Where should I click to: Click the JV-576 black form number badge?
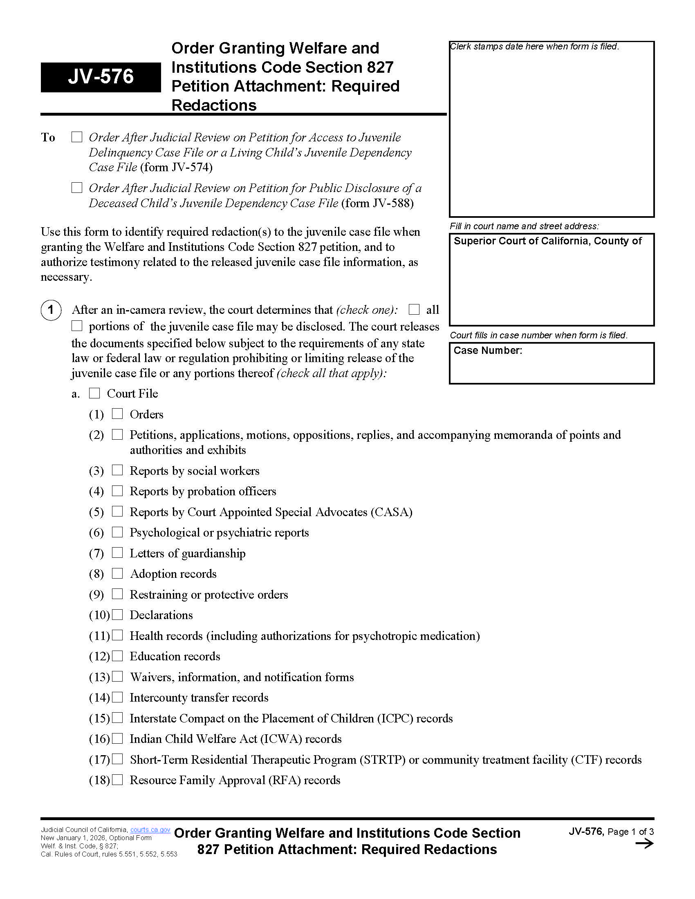click(x=101, y=77)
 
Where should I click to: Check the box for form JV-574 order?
click(x=77, y=137)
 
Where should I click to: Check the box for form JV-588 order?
click(x=77, y=188)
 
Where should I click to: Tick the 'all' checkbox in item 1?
click(x=414, y=309)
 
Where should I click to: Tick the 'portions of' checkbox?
click(x=77, y=326)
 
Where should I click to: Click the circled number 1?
click(x=51, y=310)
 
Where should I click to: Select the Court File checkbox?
click(x=95, y=393)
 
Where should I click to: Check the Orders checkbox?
click(x=117, y=414)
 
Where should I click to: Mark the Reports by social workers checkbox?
click(x=117, y=470)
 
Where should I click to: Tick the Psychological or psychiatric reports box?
click(x=117, y=532)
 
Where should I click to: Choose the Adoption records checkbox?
click(x=117, y=573)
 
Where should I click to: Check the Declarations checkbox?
click(x=117, y=615)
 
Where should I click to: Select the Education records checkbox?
click(x=117, y=656)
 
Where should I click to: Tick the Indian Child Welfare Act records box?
click(x=117, y=738)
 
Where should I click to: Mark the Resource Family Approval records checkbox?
click(x=117, y=780)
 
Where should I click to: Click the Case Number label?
click(x=487, y=350)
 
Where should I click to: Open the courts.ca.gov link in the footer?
click(x=150, y=830)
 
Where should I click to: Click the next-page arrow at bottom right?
click(x=644, y=844)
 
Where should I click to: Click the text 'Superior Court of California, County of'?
click(x=547, y=241)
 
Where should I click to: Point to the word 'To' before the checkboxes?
click(x=48, y=137)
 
